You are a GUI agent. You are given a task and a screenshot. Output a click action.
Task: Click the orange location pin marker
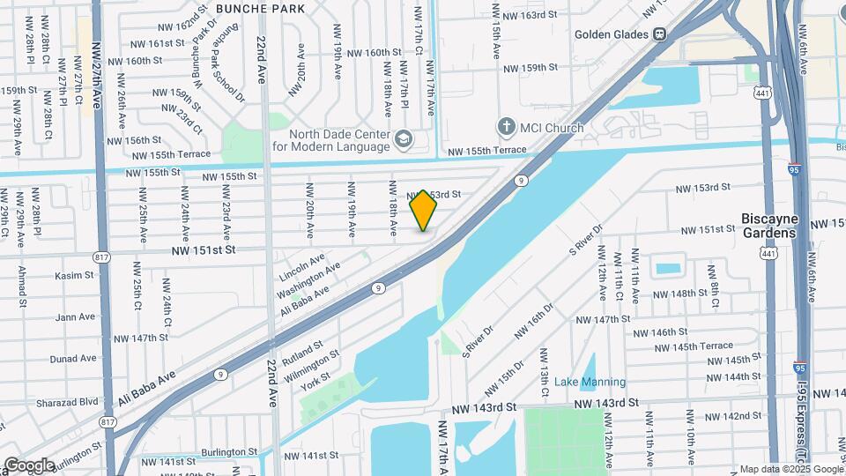pyautogui.click(x=424, y=211)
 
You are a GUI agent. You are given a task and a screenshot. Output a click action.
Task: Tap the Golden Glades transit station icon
pyautogui.click(x=659, y=34)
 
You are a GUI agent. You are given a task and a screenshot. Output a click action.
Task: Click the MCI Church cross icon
pyautogui.click(x=507, y=127)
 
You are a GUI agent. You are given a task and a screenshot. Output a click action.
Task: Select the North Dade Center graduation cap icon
pyautogui.click(x=403, y=138)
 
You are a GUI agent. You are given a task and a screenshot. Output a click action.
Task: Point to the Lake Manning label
pyautogui.click(x=590, y=382)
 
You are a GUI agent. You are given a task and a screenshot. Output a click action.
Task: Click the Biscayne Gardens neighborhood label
pyautogui.click(x=770, y=226)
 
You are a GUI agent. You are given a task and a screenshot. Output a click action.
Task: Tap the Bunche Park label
pyautogui.click(x=260, y=9)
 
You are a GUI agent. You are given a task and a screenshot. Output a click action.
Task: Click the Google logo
pyautogui.click(x=29, y=465)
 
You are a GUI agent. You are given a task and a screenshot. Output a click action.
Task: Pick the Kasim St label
pyautogui.click(x=74, y=275)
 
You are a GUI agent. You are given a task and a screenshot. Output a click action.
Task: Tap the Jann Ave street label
pyautogui.click(x=75, y=316)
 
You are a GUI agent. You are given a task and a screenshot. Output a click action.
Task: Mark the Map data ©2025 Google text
pyautogui.click(x=790, y=469)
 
